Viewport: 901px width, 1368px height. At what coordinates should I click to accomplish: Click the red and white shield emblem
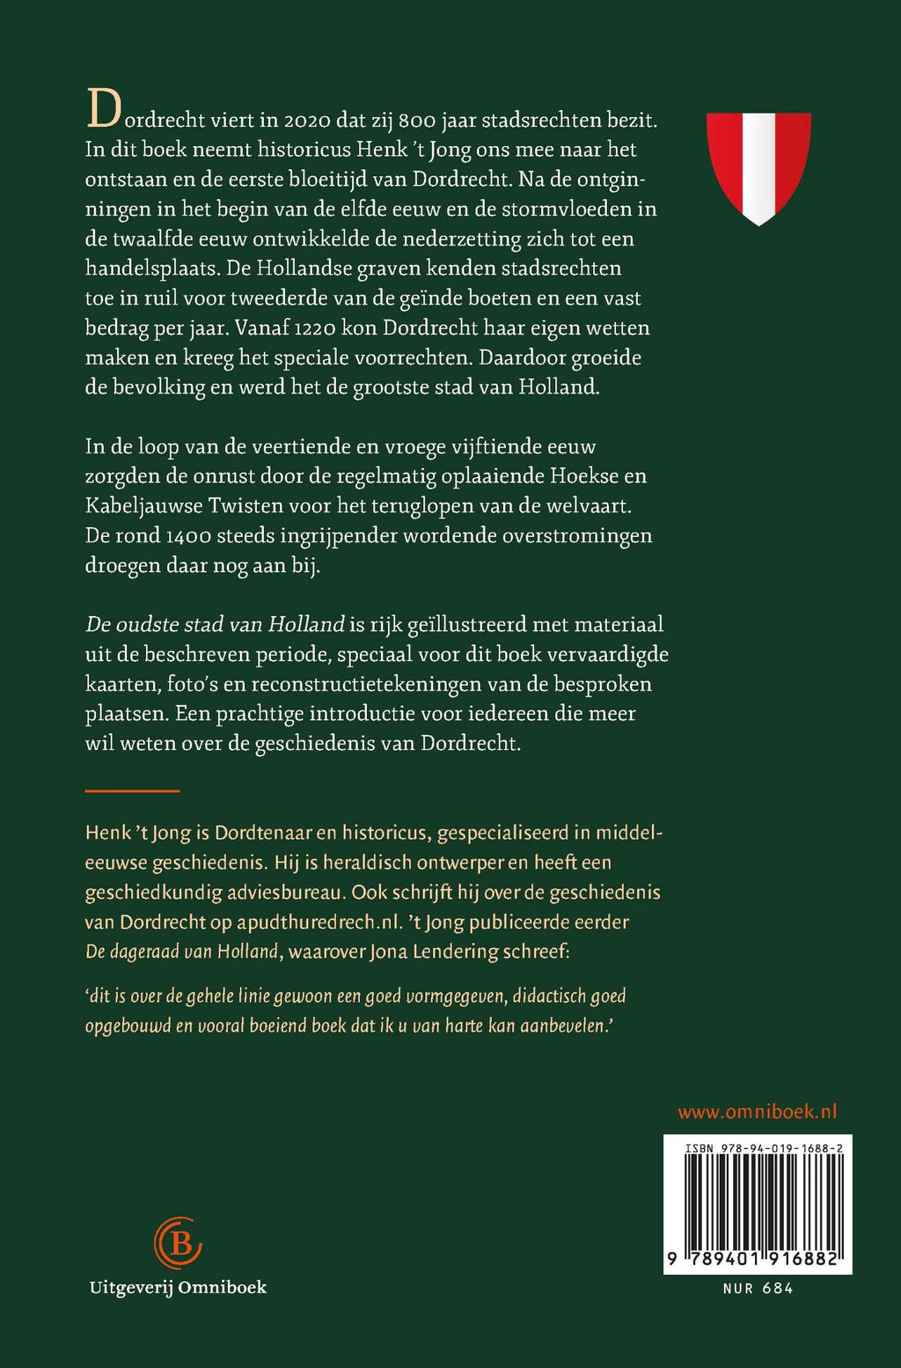pos(758,167)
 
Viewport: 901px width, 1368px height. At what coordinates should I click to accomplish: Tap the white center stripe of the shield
pos(758,167)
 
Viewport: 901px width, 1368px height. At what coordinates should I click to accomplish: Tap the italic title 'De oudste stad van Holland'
pos(215,625)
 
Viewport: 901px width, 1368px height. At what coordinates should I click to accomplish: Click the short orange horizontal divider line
pos(132,791)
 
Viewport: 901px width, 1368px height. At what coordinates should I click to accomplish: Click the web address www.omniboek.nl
pos(757,1112)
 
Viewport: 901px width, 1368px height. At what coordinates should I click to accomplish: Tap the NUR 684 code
pos(758,1289)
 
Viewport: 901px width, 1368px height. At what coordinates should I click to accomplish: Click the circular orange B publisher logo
pos(178,1242)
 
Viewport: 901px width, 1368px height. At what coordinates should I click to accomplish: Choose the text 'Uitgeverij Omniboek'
pos(178,1288)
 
